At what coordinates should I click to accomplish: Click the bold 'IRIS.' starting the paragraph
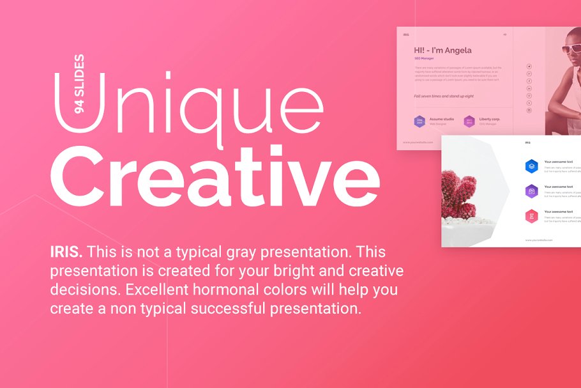coord(66,252)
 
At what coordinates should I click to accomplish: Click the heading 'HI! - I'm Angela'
coord(442,50)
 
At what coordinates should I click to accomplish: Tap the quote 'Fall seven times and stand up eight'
coord(443,96)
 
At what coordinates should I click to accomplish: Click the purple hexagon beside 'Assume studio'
coord(419,121)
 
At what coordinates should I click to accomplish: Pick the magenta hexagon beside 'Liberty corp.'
coord(469,121)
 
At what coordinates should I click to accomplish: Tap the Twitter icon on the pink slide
coord(529,66)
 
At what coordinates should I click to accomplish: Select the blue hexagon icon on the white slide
coord(531,166)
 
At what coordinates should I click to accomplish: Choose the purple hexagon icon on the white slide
coord(531,190)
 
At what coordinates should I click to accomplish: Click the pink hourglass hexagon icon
coord(531,216)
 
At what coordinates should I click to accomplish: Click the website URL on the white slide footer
coord(539,240)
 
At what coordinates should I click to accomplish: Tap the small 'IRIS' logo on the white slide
coord(527,143)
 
